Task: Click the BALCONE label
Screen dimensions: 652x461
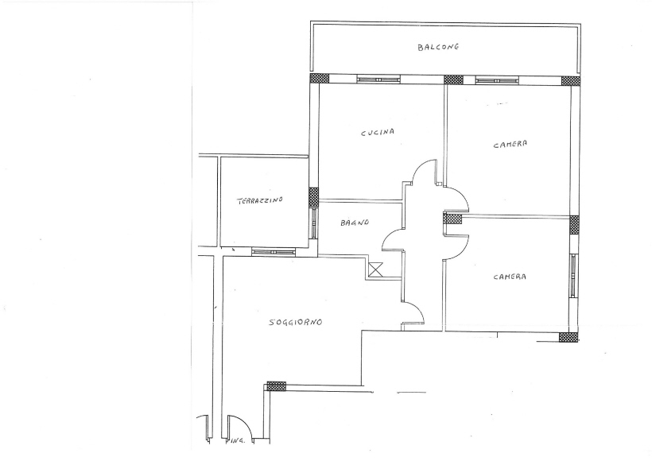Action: tap(438, 47)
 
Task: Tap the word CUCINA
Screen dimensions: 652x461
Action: tap(378, 133)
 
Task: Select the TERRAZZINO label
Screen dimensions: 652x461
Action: tap(260, 201)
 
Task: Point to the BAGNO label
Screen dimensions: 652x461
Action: tap(355, 223)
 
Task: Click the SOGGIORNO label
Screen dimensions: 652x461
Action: tap(295, 322)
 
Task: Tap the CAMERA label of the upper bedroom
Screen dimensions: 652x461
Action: tap(510, 144)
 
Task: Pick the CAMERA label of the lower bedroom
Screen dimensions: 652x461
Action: tap(510, 277)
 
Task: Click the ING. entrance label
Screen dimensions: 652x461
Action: tap(239, 440)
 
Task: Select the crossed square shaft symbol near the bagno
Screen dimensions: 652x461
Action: tap(375, 270)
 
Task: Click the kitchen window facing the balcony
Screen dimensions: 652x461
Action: tap(378, 79)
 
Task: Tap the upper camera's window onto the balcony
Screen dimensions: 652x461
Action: tap(497, 79)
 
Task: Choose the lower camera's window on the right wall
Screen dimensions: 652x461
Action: tap(573, 275)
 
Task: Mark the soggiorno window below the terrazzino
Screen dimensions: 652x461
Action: tap(274, 252)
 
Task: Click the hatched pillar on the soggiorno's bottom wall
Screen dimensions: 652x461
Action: tap(276, 386)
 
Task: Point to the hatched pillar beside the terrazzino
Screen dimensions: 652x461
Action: tap(314, 197)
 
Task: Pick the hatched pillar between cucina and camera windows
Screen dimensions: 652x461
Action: tap(454, 79)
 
